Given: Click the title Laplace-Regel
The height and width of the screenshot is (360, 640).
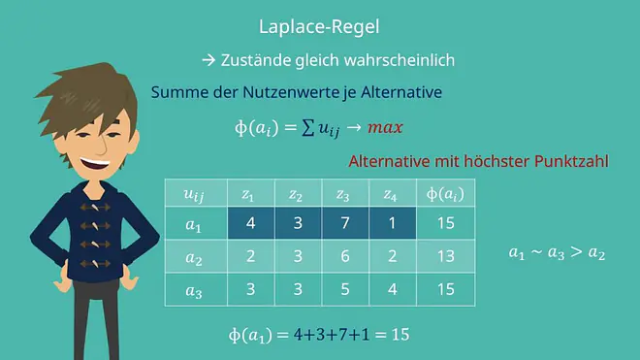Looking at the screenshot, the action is [x=319, y=27].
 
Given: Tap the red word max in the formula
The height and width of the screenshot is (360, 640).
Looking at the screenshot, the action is [x=385, y=127].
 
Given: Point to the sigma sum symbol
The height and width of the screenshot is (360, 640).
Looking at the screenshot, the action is [x=308, y=128].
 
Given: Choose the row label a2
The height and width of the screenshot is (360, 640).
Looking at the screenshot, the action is [x=194, y=257].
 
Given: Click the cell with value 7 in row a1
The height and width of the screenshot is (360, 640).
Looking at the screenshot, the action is [x=345, y=223].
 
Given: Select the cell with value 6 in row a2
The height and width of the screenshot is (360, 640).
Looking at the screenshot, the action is [x=345, y=256].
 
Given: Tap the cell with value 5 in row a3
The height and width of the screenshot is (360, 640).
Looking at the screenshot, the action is [x=345, y=289].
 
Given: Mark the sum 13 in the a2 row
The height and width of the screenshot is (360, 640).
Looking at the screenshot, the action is [x=446, y=256].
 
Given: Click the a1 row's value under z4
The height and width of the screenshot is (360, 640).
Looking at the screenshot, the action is [x=393, y=223].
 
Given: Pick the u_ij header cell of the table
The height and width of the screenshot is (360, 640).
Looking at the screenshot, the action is [x=194, y=194].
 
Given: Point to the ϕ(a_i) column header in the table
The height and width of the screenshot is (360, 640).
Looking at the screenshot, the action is [x=445, y=194].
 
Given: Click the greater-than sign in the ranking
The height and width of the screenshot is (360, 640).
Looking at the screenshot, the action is [x=576, y=251].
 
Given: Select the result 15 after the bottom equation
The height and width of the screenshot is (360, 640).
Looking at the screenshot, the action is [x=400, y=335].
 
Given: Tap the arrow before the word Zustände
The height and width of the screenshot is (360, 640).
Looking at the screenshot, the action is [x=208, y=60].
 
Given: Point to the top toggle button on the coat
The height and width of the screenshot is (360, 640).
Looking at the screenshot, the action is [x=95, y=208].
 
